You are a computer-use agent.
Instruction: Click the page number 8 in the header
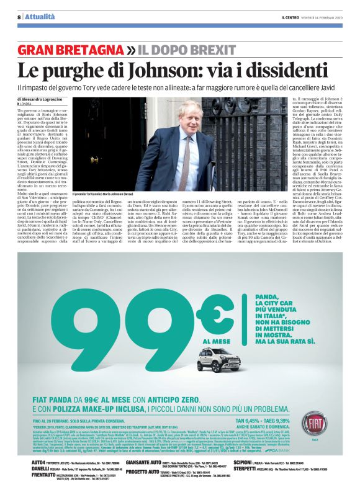[x=19, y=17]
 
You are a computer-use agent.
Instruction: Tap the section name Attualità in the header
[x=38, y=17]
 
